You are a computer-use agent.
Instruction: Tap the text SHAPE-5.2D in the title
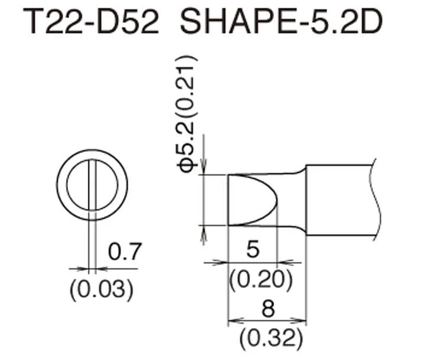[x=281, y=21]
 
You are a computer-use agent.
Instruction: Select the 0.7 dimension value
[x=125, y=251]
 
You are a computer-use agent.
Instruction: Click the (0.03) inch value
[x=102, y=290]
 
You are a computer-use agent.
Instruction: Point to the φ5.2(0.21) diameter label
[x=187, y=113]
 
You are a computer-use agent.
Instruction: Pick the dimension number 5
[x=253, y=250]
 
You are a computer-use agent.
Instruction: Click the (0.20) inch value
[x=261, y=280]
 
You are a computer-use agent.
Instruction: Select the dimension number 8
[x=268, y=309]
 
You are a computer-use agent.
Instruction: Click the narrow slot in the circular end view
[x=92, y=185]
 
